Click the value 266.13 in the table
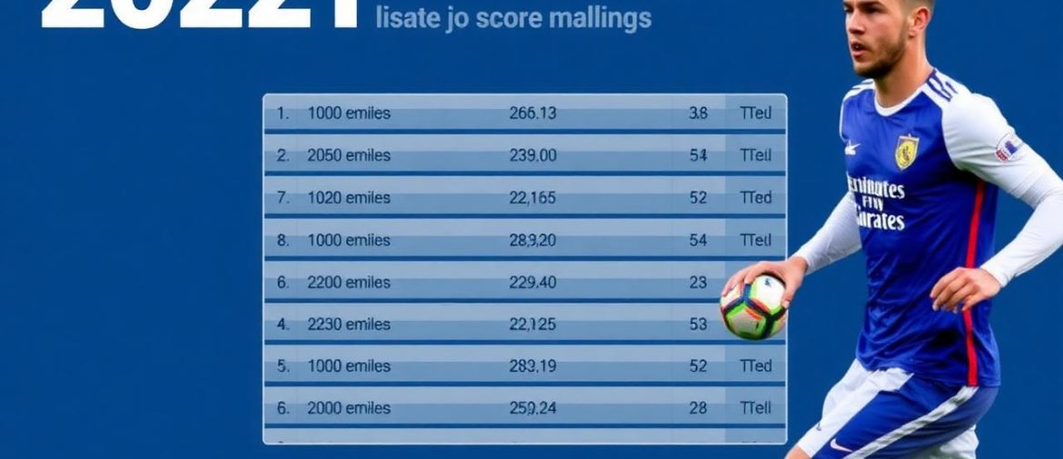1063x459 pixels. [532, 114]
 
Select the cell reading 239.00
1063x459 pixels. [532, 155]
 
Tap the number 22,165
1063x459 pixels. [532, 198]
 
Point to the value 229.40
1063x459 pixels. [532, 283]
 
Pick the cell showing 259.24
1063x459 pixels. [532, 409]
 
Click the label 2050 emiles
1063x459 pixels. [349, 155]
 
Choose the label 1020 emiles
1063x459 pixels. [349, 198]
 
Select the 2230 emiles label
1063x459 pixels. [349, 324]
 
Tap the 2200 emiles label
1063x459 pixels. [349, 283]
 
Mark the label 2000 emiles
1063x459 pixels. [349, 409]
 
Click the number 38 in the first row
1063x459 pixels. [698, 114]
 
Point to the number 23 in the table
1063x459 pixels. [698, 283]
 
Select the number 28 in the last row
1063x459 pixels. [698, 409]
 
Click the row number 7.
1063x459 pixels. [283, 198]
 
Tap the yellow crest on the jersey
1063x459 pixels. [906, 152]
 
